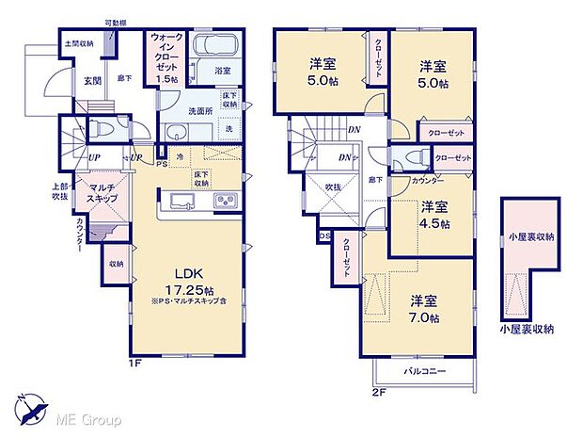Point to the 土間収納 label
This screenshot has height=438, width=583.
click(x=79, y=43)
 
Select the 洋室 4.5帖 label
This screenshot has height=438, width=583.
click(x=434, y=215)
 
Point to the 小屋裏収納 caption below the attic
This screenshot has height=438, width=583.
click(x=528, y=329)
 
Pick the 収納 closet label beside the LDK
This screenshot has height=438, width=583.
click(x=116, y=264)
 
